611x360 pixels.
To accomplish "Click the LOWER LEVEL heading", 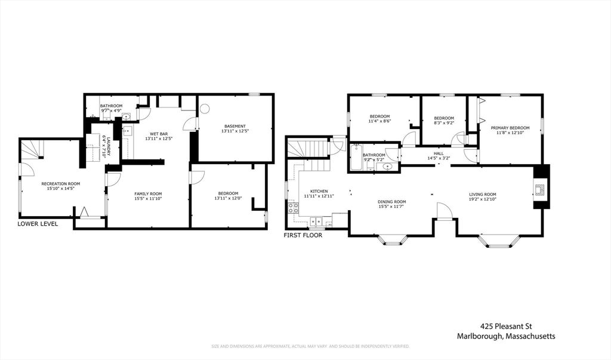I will pos(38,224).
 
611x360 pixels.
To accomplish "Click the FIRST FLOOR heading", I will pos(303,235).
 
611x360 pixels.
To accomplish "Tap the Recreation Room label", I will pos(60,184).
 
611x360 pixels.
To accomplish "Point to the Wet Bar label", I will pos(158,134).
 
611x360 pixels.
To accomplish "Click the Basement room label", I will pos(234,126).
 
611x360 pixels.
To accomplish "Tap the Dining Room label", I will pos(391,202).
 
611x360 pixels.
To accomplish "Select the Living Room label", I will pos(482,194).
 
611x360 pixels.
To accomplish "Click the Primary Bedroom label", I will pos(510,128).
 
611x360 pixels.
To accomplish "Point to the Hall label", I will pos(439,153).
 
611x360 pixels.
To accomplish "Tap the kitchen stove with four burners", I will pos(294,208).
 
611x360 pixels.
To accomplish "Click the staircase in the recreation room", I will pos(32,149).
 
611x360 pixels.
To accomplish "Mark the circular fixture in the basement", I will pos(205,109).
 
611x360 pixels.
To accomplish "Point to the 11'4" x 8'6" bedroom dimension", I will pos(379,122).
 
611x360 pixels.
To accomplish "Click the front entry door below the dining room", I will pos(443,211).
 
